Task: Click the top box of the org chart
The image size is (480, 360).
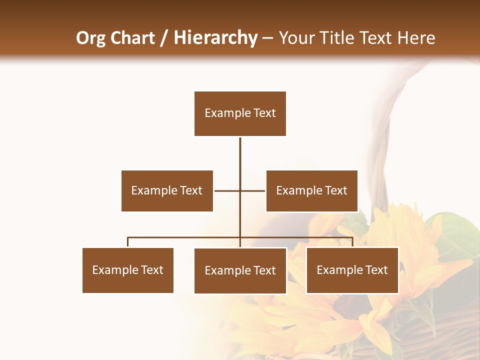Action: click(x=240, y=113)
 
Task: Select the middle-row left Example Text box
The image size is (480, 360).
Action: click(x=167, y=190)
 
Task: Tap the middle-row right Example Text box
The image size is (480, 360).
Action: click(x=311, y=190)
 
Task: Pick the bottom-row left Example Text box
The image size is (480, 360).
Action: click(x=127, y=270)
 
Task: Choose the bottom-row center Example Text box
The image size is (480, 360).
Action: click(x=240, y=270)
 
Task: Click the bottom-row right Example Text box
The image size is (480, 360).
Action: click(x=352, y=270)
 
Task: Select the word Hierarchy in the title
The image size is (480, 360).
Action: click(x=215, y=38)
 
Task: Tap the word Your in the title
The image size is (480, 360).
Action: click(x=296, y=38)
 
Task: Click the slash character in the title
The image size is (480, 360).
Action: click(x=164, y=38)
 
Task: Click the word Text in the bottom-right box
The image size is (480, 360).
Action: click(x=376, y=270)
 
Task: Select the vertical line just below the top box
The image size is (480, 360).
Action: click(x=240, y=150)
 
